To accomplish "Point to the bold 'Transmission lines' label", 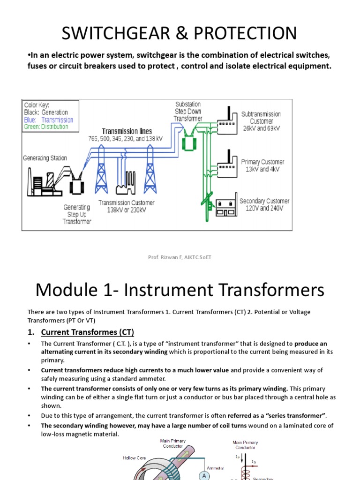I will tap(127, 131).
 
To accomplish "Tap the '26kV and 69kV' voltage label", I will tap(261, 128).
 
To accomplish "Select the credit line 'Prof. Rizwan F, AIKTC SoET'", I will tap(180, 257).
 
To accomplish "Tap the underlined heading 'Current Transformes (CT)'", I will tap(88, 332).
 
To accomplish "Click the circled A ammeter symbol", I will tap(204, 475).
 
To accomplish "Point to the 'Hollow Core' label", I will tap(135, 458).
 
